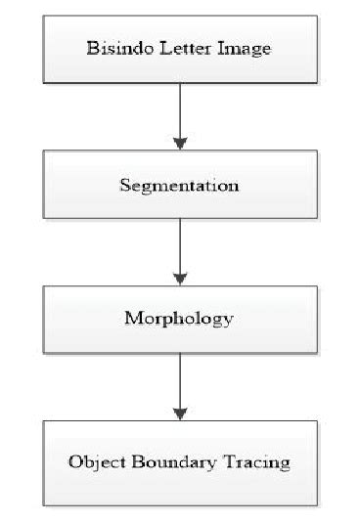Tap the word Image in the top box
coord(233,48)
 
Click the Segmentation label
coord(179,184)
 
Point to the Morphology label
coord(179,319)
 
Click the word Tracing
coord(255,462)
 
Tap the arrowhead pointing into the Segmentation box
coord(179,143)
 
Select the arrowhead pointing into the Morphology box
coord(179,279)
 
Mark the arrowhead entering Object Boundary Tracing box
coord(179,413)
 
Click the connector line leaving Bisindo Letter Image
coord(179,108)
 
